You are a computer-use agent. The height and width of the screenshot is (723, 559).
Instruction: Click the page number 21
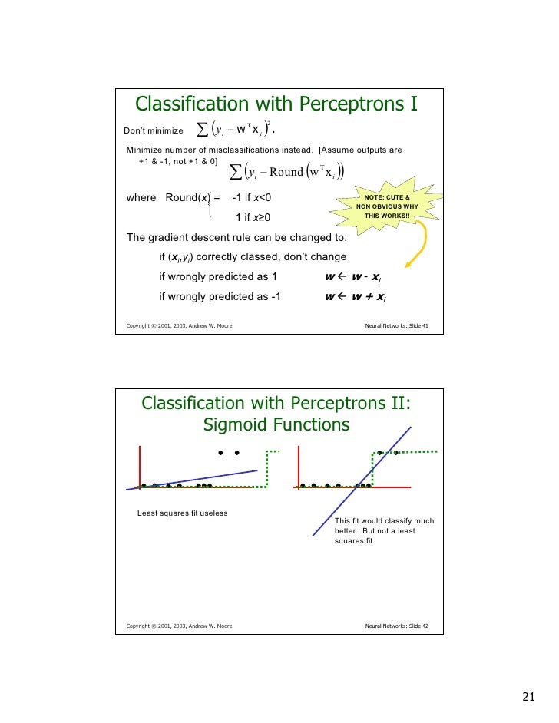(528, 697)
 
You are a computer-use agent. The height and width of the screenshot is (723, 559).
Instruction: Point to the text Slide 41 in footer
(414, 326)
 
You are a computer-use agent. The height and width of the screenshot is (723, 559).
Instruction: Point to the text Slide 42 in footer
(414, 626)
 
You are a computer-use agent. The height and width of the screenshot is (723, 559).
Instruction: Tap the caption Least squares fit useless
(182, 513)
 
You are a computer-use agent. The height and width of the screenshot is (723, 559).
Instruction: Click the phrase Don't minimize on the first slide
(154, 131)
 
